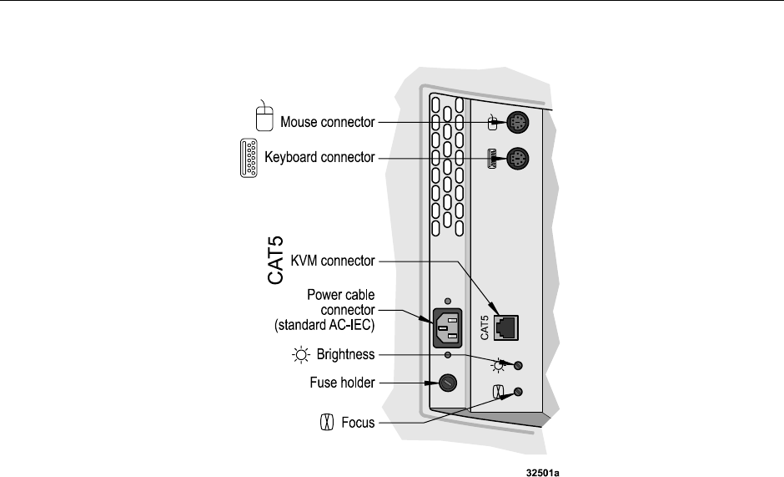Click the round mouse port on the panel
tap(517, 122)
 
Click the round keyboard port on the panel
tap(517, 159)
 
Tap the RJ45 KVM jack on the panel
tap(506, 328)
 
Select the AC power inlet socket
tap(448, 328)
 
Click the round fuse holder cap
tap(448, 383)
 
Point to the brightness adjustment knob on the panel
tap(519, 365)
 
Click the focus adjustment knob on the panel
tap(519, 392)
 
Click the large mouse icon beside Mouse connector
tap(264, 116)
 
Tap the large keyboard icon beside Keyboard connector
tap(249, 158)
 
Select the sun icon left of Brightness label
tap(301, 355)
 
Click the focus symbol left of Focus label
tap(326, 423)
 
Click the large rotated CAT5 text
tap(275, 261)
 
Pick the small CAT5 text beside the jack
tap(484, 327)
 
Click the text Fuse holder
tap(342, 383)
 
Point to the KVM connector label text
tap(333, 261)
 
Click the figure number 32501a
tap(543, 473)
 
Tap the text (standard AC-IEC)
tap(324, 325)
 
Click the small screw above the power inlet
tap(448, 301)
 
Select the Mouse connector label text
tap(328, 122)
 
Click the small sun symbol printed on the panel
tap(498, 366)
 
